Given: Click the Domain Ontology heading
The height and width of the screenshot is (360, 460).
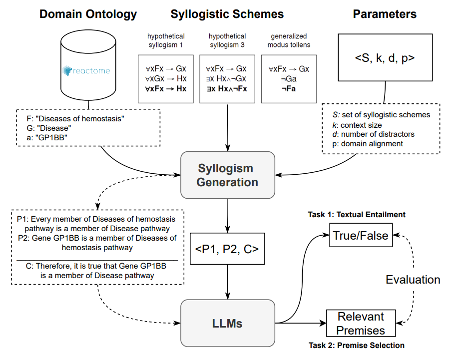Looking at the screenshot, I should (88, 14).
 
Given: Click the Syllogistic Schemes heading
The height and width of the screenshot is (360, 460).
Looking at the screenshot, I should (227, 14).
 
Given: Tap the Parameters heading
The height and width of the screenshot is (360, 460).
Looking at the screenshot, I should (385, 14).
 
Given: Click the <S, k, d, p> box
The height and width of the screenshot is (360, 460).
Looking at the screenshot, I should (385, 58).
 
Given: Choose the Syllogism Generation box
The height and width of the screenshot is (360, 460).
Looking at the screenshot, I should (227, 175).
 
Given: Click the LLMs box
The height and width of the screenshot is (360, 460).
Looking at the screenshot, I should (227, 324).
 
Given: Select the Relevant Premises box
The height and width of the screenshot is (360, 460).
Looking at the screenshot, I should (361, 323).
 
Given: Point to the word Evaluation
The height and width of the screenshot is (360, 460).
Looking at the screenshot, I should (413, 280).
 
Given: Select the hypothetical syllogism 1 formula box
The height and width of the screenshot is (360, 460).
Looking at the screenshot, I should (165, 78).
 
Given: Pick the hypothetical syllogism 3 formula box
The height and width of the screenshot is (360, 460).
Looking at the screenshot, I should (227, 78).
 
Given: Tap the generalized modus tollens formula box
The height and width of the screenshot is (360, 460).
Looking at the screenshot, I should (289, 78).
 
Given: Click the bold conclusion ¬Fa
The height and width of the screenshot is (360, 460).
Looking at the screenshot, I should (289, 89).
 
